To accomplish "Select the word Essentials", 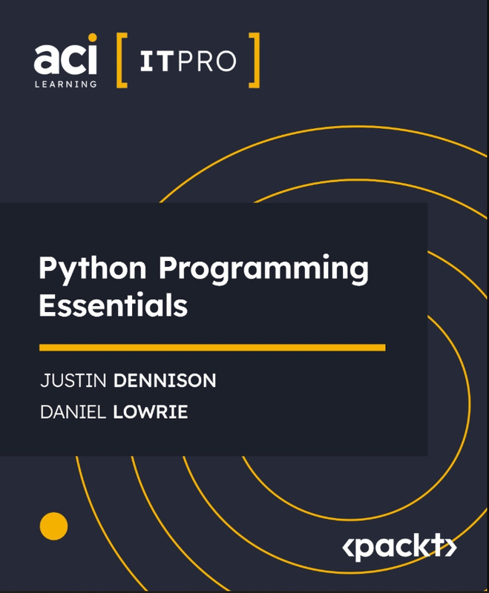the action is (114, 305).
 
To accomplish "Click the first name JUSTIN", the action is (73, 380).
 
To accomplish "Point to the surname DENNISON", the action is (165, 380).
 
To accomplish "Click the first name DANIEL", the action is (73, 412).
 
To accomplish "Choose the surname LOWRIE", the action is (150, 412).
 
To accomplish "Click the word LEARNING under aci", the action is (65, 84).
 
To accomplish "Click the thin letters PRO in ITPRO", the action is (206, 62).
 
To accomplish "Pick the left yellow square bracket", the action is (122, 61).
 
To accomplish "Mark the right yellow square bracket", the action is (255, 61).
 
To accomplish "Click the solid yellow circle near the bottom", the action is (53, 526).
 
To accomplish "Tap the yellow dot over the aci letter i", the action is (92, 38).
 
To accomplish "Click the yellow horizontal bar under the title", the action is (212, 348).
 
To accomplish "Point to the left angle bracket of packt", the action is (347, 548).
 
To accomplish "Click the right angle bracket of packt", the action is (452, 548).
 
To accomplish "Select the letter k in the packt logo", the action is (424, 546).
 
